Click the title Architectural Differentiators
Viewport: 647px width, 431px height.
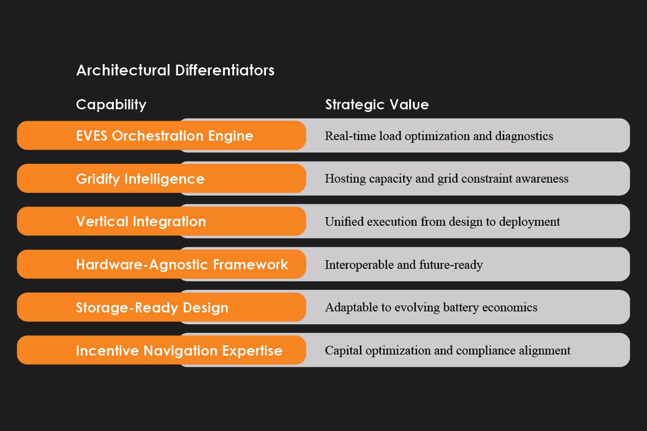coord(175,71)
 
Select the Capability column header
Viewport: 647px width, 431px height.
coord(111,105)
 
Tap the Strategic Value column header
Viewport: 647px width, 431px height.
coord(377,105)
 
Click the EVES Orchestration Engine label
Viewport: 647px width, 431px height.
coord(164,136)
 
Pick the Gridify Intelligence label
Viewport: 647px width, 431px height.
coord(140,179)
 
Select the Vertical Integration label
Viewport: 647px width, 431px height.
coord(141,221)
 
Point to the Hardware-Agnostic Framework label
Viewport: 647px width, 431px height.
coord(182,265)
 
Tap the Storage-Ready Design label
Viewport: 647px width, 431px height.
coord(152,308)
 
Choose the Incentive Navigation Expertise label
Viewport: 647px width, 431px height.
coord(179,351)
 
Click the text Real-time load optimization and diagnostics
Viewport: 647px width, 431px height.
coord(439,136)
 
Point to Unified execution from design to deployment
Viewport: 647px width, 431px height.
coord(442,221)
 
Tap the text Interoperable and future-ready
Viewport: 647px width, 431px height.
coord(403,265)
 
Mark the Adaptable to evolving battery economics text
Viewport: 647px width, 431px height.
coord(431,308)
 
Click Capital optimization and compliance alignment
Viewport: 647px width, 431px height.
coord(448,351)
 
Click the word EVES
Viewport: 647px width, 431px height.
coord(92,136)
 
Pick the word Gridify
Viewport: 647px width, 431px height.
coord(98,179)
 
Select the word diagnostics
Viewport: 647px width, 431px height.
coord(524,136)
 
